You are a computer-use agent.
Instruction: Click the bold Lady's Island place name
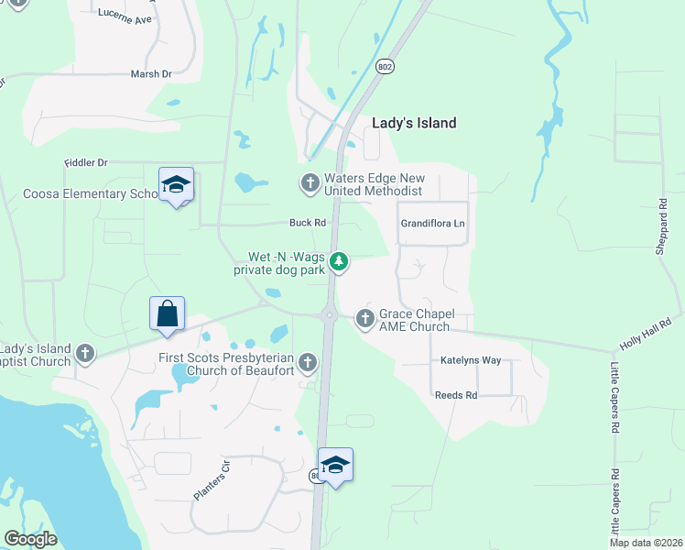pos(414,123)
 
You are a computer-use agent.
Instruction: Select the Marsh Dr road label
pos(151,74)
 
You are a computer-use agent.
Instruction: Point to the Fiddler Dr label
pos(85,162)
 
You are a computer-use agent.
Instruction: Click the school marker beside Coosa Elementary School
pos(176,186)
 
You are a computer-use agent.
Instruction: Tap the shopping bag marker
pos(168,313)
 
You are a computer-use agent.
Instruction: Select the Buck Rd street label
pos(308,223)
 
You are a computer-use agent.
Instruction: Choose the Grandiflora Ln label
pos(433,224)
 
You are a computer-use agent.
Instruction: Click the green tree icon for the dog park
pos(339,263)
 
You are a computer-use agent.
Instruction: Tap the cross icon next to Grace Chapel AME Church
pos(364,319)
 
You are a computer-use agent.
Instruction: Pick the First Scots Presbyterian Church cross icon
pos(307,363)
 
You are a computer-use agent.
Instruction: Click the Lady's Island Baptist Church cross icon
pos(85,354)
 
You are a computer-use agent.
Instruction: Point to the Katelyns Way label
pos(471,360)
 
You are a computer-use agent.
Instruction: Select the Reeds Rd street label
pos(457,395)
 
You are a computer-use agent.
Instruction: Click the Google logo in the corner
pos(30,539)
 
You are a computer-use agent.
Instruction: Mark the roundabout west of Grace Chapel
pos(330,315)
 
